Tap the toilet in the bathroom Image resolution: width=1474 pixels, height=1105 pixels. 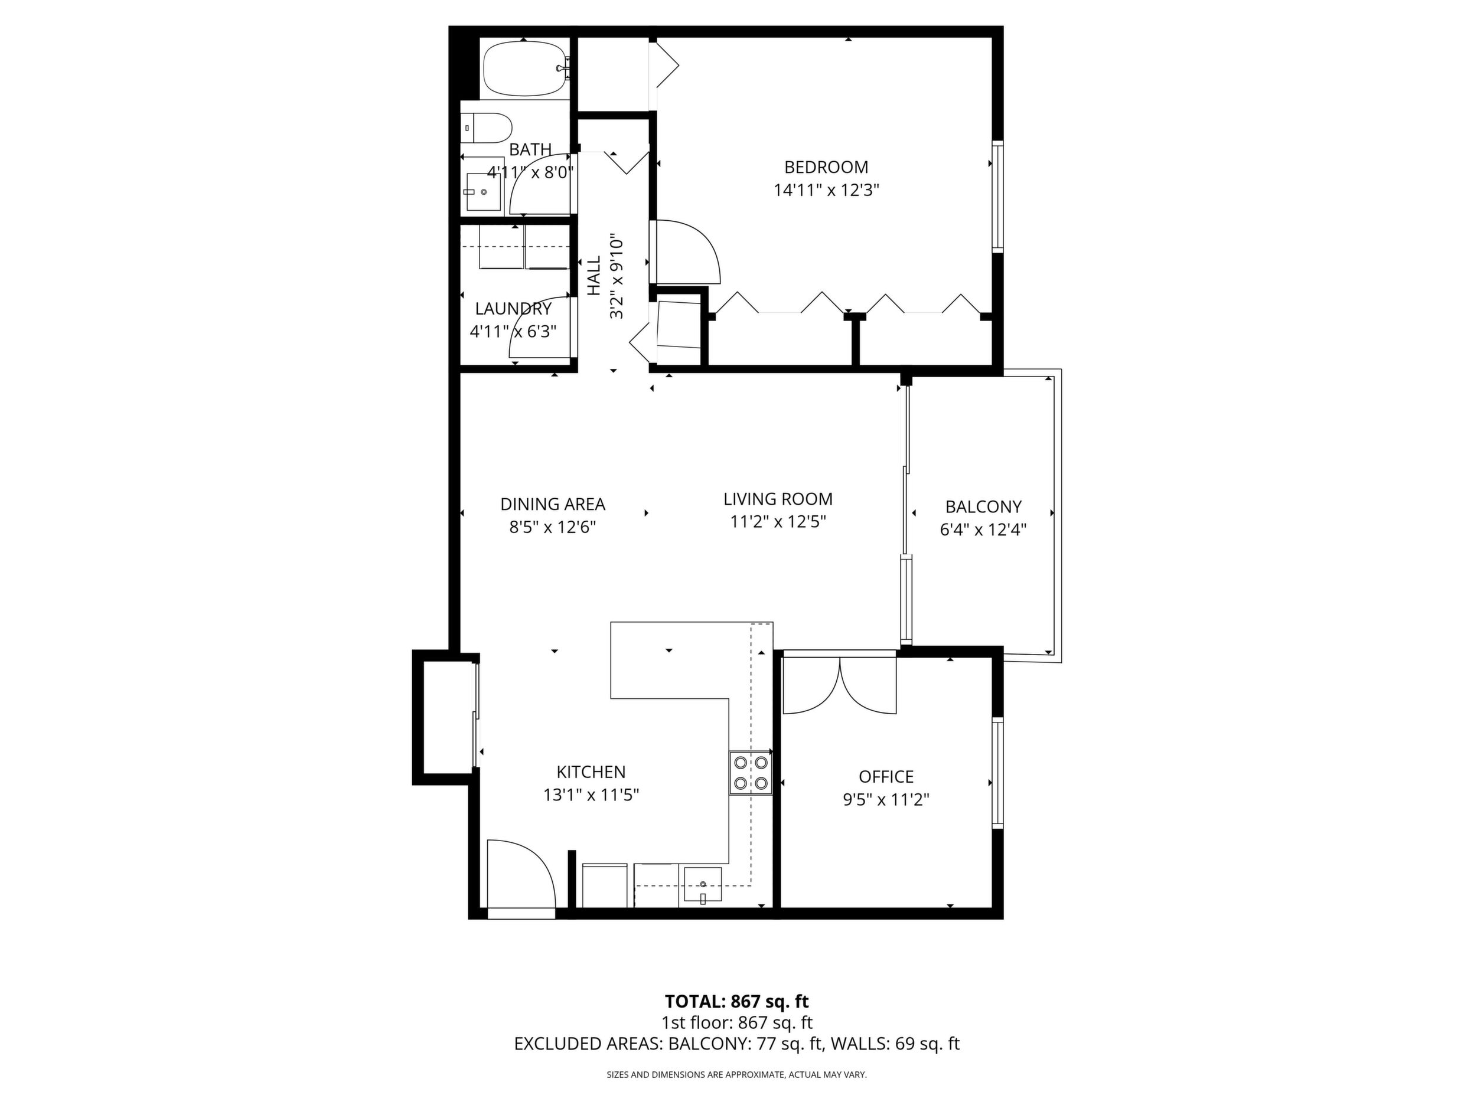pos(487,128)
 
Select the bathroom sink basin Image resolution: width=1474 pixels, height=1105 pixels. pos(483,192)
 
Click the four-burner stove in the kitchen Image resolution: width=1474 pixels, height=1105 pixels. pos(751,773)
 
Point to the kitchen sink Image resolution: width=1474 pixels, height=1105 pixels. pos(703,885)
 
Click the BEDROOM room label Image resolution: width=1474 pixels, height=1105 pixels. pos(826,167)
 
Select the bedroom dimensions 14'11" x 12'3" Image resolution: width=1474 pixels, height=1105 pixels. pos(826,191)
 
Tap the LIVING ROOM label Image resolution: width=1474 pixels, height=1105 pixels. pos(778,499)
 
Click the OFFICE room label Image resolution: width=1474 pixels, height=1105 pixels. pos(886,777)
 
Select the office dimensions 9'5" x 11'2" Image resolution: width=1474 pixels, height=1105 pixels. pos(886,799)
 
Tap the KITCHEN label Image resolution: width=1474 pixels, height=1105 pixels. pos(591,772)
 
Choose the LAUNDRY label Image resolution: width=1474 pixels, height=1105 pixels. pos(513,309)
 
